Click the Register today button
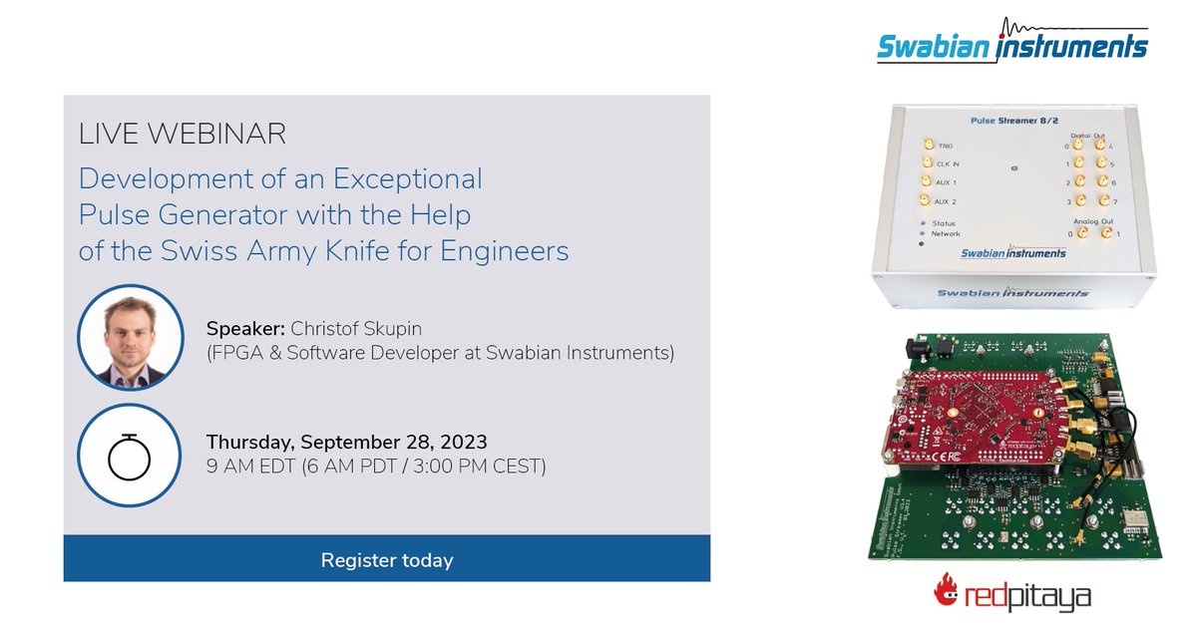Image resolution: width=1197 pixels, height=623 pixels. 387,560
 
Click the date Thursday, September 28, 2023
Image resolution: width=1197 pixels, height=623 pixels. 346,443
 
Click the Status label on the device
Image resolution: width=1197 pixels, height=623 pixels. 948,223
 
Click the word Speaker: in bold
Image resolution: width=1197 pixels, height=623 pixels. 244,328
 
